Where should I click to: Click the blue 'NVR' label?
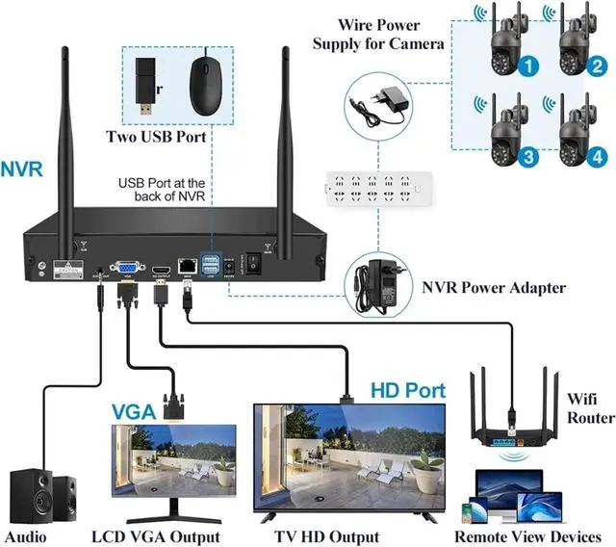[21, 170]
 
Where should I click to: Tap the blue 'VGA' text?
[134, 411]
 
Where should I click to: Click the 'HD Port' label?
[408, 391]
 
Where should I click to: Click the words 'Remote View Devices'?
[527, 536]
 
